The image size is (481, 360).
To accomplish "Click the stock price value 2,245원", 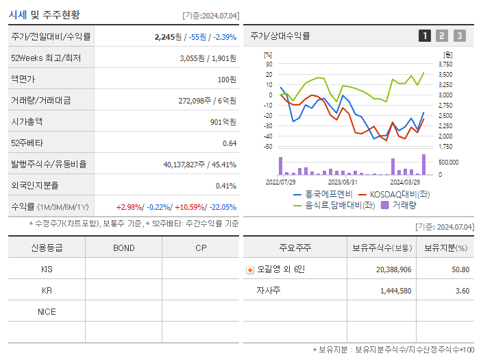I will coord(169,37).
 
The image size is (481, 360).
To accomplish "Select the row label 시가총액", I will coord(27,121).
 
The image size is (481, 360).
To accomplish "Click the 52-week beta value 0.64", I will coord(229,143).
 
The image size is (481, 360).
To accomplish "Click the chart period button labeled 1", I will coord(425,36).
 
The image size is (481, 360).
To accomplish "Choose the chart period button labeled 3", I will coord(459,36).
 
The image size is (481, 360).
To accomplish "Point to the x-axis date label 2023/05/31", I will coord(343,182).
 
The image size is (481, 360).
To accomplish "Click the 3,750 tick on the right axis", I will coord(445,64).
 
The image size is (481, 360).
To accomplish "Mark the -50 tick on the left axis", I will coord(268,146).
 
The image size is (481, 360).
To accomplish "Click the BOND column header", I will coord(123,248).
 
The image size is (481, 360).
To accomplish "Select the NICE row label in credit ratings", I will coord(47,311).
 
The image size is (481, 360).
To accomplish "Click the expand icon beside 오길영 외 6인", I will coord(249,269).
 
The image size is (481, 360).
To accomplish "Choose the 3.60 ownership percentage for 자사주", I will coord(462,291).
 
